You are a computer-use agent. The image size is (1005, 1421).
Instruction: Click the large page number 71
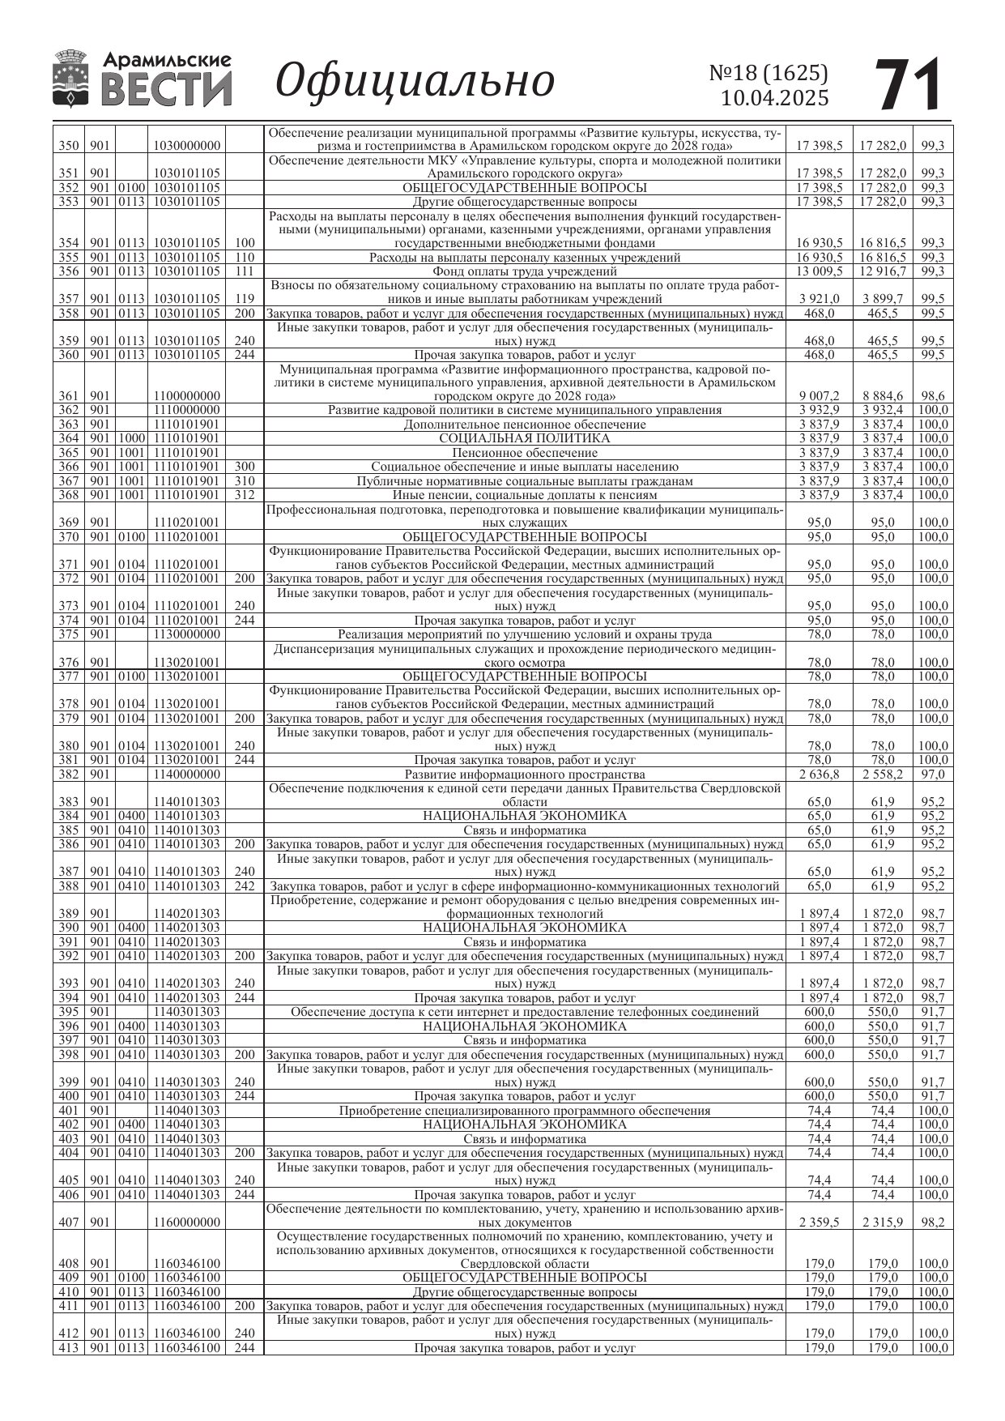coord(909,84)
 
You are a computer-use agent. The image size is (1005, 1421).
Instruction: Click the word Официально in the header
coord(415,81)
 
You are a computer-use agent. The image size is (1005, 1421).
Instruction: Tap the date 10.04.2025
coord(774,99)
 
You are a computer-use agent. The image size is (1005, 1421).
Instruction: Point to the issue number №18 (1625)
coord(769,73)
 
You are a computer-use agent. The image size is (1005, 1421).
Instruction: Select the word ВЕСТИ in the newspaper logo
coord(166,89)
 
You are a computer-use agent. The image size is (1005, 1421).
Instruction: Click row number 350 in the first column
coord(69,146)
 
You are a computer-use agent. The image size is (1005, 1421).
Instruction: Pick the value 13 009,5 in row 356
coord(820,271)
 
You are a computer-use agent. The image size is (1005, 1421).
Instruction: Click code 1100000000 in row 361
coord(185,396)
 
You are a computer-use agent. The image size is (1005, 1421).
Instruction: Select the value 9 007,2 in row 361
coord(820,396)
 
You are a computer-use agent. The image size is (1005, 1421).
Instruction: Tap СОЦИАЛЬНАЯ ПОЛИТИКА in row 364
coord(524,438)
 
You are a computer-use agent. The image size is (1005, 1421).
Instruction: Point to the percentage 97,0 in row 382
coord(933,775)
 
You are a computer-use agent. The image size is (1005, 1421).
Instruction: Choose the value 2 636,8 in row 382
coord(820,775)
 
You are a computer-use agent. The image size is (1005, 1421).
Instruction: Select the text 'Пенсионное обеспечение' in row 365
coord(524,453)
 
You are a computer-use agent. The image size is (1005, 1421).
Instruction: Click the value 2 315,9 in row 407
coord(883,1223)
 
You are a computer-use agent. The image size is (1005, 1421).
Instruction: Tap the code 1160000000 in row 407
coord(185,1223)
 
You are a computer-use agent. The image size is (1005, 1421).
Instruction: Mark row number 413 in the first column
coord(69,1348)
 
